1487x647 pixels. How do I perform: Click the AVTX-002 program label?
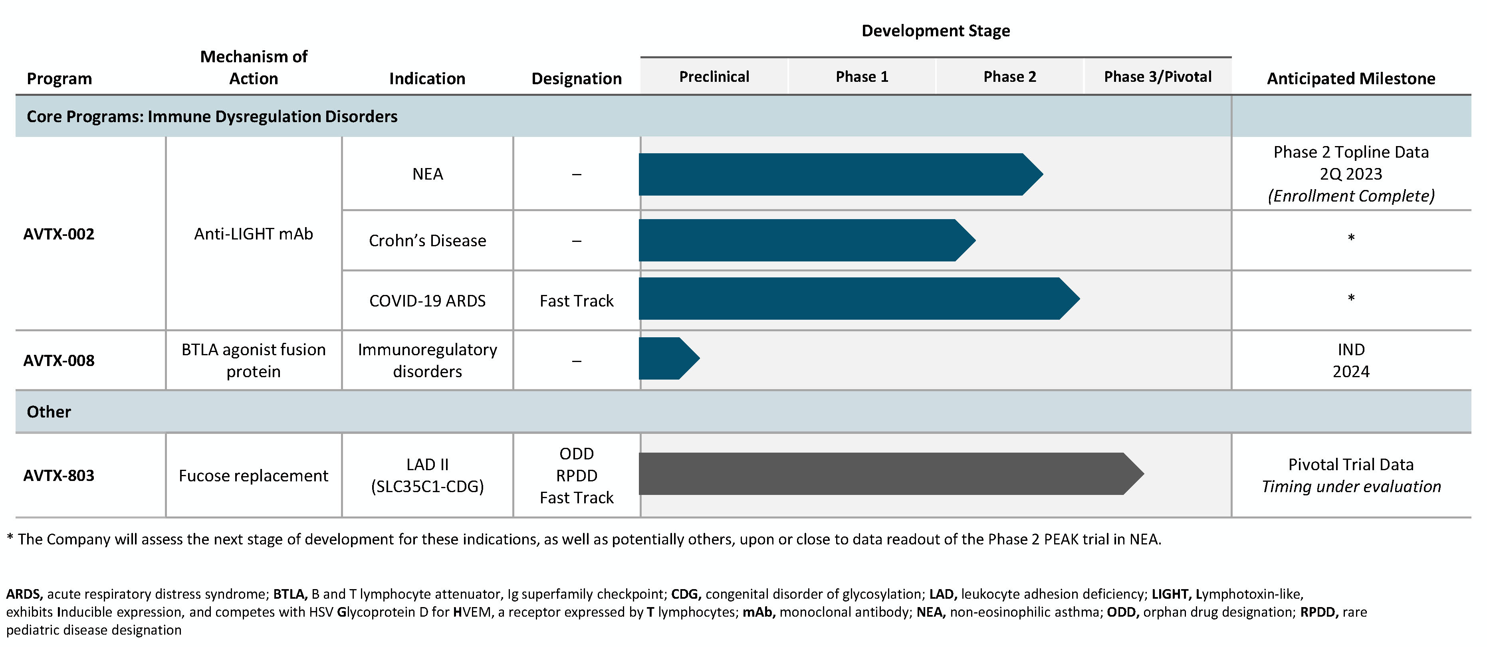tap(59, 234)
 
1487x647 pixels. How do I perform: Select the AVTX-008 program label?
tap(59, 361)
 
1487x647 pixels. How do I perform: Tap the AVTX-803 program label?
tap(59, 476)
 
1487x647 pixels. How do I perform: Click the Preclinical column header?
tap(714, 77)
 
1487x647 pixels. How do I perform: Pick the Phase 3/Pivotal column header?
tap(1158, 77)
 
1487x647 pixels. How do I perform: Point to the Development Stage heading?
tap(935, 31)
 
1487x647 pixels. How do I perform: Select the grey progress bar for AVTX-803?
tap(883, 474)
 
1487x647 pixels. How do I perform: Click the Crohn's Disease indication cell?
tap(427, 241)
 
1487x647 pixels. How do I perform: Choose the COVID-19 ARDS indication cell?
tap(427, 301)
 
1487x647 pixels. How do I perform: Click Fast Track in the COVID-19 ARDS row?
tap(576, 301)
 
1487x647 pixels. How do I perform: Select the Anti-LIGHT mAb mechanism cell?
tap(254, 234)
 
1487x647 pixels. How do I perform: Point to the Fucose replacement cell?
tap(254, 476)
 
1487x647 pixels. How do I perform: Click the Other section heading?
tap(49, 412)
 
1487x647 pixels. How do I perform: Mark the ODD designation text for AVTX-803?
tap(576, 454)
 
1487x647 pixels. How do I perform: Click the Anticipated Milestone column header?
tap(1351, 79)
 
